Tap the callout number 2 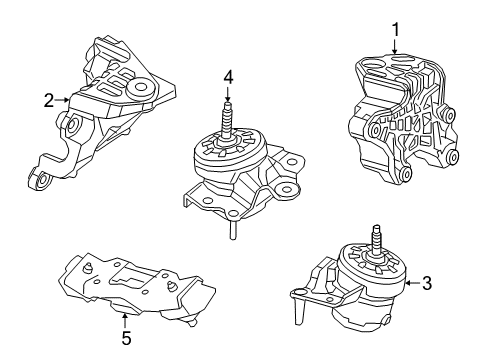tap(47, 99)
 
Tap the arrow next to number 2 tap(64, 99)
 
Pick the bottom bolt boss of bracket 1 tap(403, 177)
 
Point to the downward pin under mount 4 tap(229, 229)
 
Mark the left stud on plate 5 tap(88, 268)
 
